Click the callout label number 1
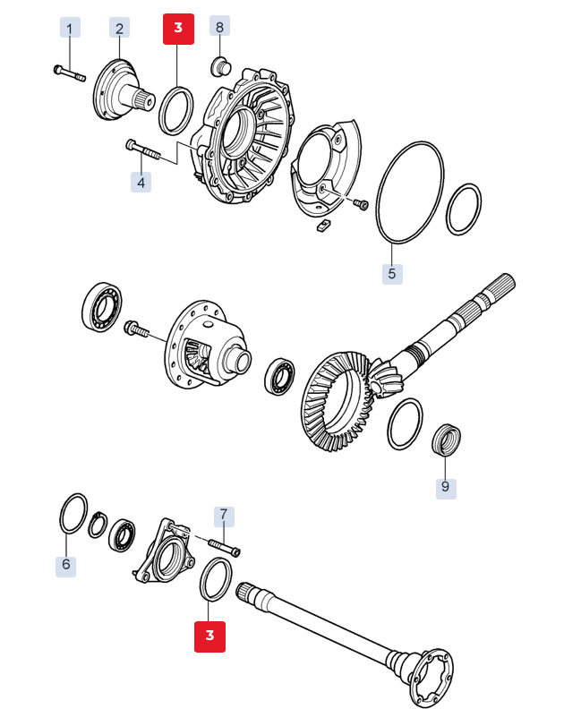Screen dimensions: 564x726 click(x=70, y=28)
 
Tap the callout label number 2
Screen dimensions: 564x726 click(x=119, y=28)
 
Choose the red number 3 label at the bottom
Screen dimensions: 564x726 click(x=209, y=636)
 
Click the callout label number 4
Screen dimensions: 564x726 click(x=141, y=182)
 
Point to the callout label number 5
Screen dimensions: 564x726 click(x=392, y=274)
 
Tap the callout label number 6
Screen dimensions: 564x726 click(x=65, y=564)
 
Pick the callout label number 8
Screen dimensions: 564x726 click(x=220, y=26)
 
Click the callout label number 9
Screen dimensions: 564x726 click(x=446, y=486)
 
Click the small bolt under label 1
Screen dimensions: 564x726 click(x=70, y=73)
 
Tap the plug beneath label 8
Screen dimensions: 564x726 click(x=221, y=66)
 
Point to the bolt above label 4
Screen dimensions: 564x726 click(x=142, y=149)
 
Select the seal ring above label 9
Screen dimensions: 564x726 click(x=446, y=439)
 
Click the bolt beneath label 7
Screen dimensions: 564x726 click(x=225, y=546)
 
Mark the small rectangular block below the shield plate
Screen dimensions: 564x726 click(x=322, y=225)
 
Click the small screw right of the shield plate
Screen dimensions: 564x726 click(x=361, y=203)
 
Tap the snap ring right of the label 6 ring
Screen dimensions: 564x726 click(x=98, y=525)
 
